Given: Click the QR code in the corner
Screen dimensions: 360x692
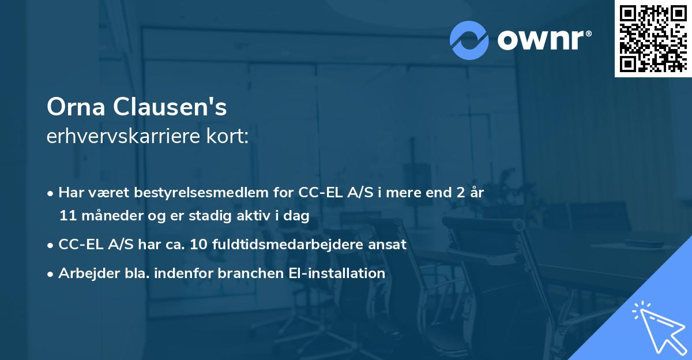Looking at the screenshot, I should click(652, 38).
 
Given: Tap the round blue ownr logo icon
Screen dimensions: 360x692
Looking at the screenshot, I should click(469, 40).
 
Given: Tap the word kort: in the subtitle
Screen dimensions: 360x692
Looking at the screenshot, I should click(230, 137).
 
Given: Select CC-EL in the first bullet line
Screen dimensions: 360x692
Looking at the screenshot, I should click(318, 193).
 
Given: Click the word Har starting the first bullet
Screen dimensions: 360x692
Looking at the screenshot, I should click(70, 193).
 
